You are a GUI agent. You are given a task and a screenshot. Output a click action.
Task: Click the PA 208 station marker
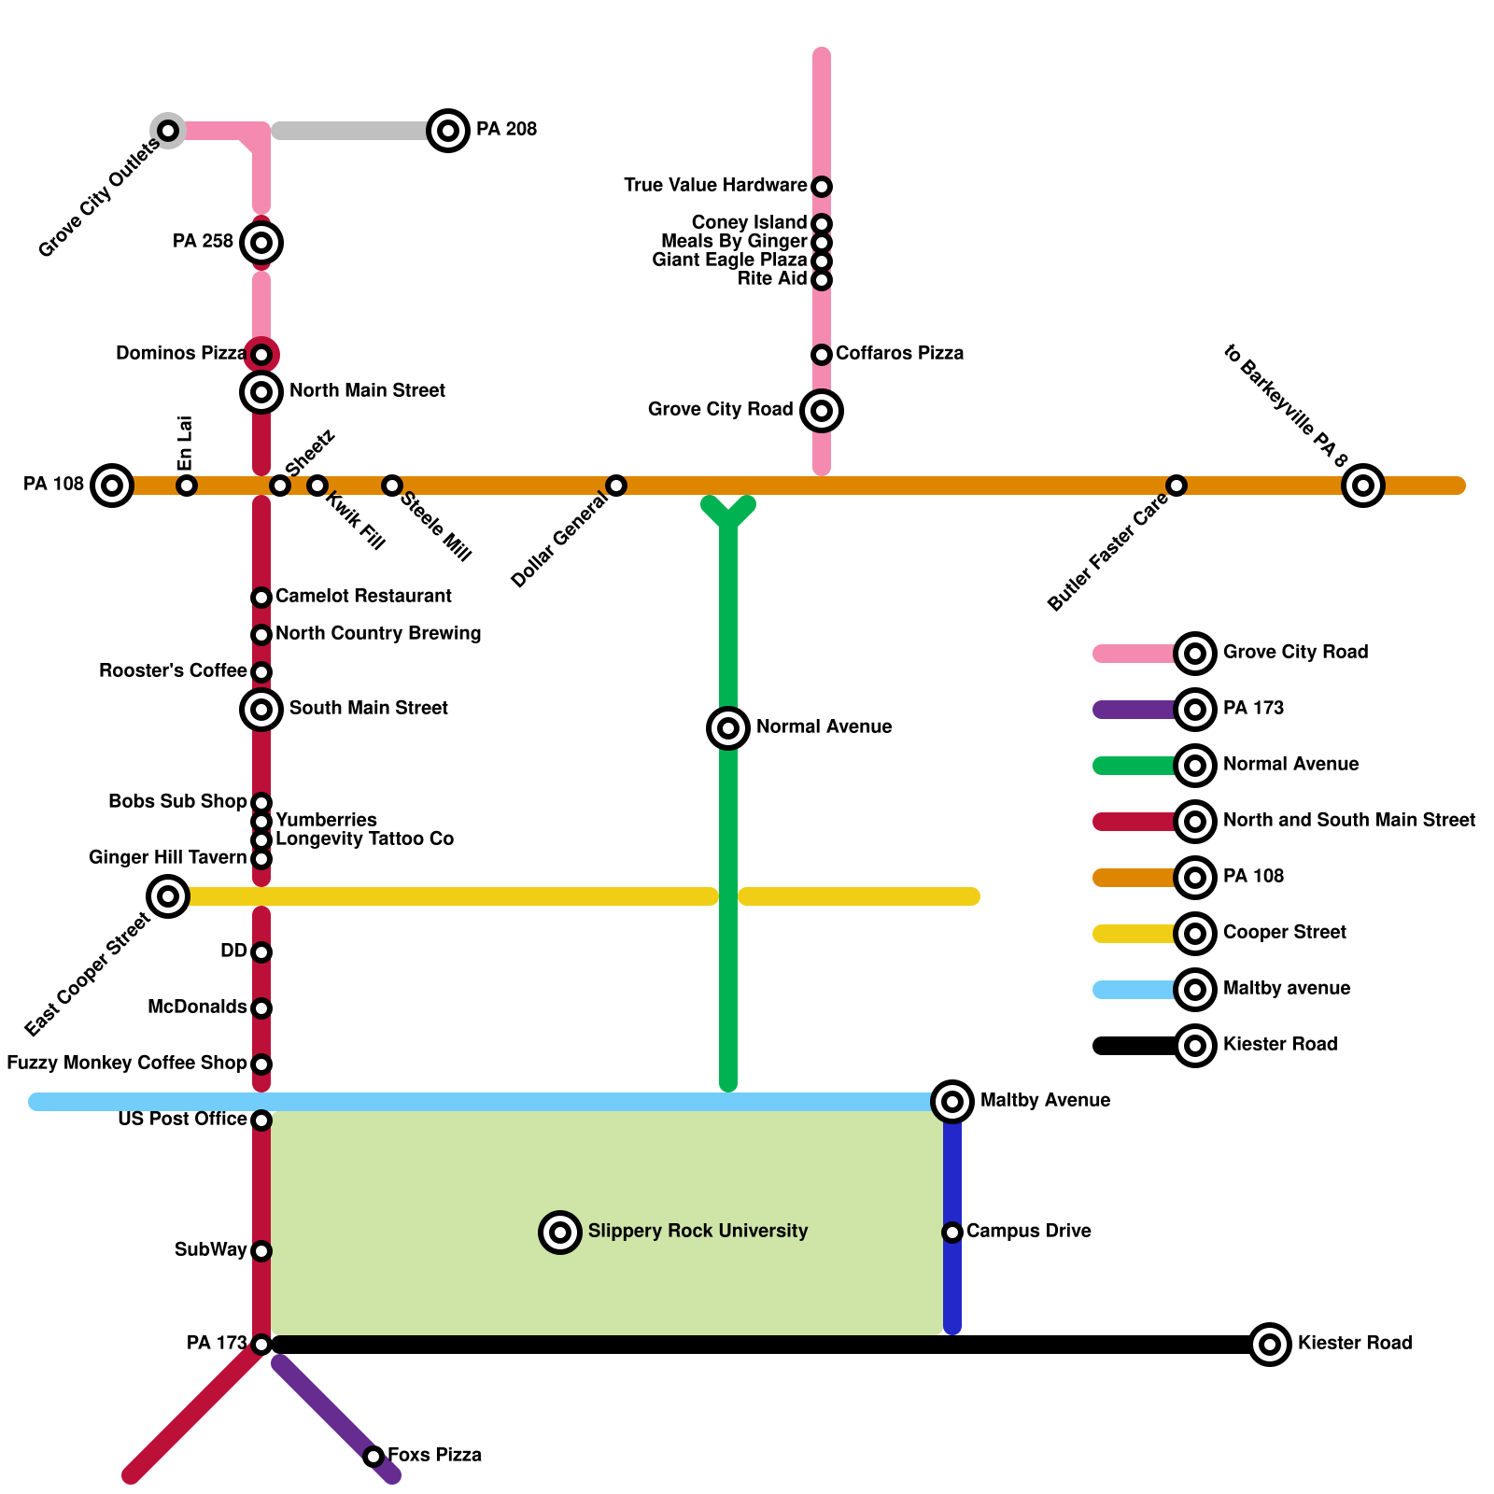tap(448, 131)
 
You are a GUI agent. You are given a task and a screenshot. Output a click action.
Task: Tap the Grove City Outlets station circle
tap(168, 131)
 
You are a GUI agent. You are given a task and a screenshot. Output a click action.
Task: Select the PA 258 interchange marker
tap(261, 243)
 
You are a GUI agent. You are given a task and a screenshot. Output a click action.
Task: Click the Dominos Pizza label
tap(181, 354)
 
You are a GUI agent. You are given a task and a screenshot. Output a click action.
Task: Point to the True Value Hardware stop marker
tap(822, 187)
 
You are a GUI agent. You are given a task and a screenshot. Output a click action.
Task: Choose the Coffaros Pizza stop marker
tap(822, 355)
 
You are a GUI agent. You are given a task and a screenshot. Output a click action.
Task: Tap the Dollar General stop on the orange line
tap(616, 486)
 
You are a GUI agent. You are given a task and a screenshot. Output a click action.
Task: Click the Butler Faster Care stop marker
tap(1177, 486)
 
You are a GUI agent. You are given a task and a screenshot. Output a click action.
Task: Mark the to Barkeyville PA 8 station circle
tap(1363, 486)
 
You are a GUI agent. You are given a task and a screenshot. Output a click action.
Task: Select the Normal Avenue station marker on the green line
tap(728, 728)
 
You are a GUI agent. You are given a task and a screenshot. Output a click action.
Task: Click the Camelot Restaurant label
tap(363, 597)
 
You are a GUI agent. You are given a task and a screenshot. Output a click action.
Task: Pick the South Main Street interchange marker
tap(261, 710)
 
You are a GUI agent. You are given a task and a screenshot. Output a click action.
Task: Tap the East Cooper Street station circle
tap(168, 896)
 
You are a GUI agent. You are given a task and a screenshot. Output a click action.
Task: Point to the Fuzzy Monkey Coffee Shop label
tap(127, 1064)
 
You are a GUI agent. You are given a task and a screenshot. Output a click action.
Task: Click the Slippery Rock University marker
tap(560, 1233)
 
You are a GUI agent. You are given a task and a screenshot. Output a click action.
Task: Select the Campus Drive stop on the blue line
tap(952, 1233)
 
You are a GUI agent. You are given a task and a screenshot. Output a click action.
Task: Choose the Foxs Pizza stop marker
tap(373, 1457)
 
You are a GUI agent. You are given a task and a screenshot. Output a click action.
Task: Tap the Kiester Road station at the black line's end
tap(1270, 1345)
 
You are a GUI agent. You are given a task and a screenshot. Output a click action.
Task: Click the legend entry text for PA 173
tap(1253, 709)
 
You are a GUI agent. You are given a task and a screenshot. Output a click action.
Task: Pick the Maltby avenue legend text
tap(1287, 989)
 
